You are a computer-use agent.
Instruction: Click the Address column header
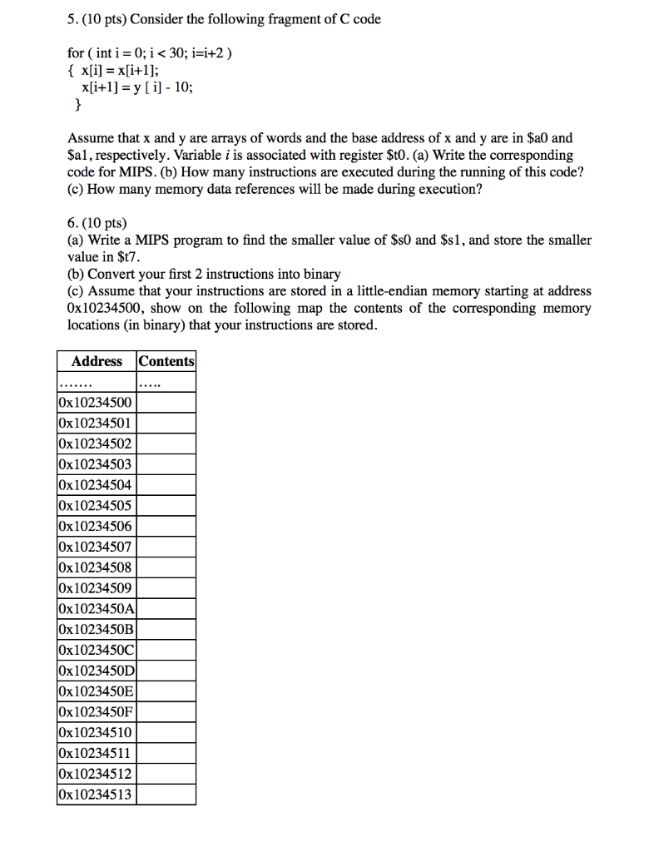[x=97, y=361]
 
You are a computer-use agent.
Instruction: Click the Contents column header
[x=166, y=361]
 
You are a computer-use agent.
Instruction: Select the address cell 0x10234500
[x=97, y=403]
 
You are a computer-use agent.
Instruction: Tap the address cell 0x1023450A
[x=97, y=609]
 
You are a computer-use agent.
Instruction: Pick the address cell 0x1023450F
[x=97, y=712]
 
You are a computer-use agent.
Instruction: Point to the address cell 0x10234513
[x=97, y=795]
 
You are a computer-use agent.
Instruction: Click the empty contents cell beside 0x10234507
[x=166, y=547]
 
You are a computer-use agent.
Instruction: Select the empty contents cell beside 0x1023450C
[x=166, y=651]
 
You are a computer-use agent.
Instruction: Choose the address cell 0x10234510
[x=97, y=733]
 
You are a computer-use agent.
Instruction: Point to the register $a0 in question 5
[x=541, y=138]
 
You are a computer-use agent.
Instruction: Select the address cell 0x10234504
[x=97, y=485]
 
